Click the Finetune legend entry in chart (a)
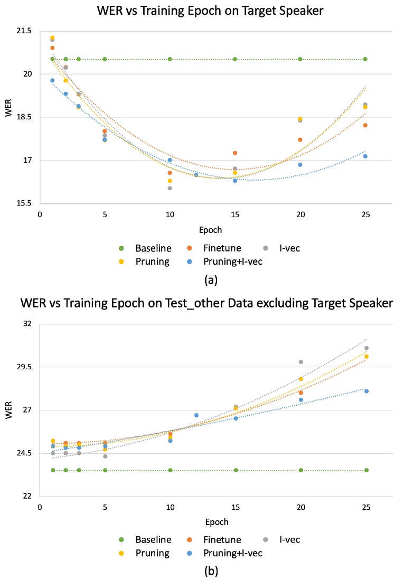[224, 247]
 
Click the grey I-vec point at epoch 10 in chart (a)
[170, 188]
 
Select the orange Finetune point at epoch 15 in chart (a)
[235, 153]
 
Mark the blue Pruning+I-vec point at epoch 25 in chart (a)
[365, 156]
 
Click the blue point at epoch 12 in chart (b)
[196, 415]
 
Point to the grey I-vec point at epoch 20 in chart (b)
[301, 362]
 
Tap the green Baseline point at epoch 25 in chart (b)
[366, 470]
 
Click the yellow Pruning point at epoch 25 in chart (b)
[366, 357]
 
